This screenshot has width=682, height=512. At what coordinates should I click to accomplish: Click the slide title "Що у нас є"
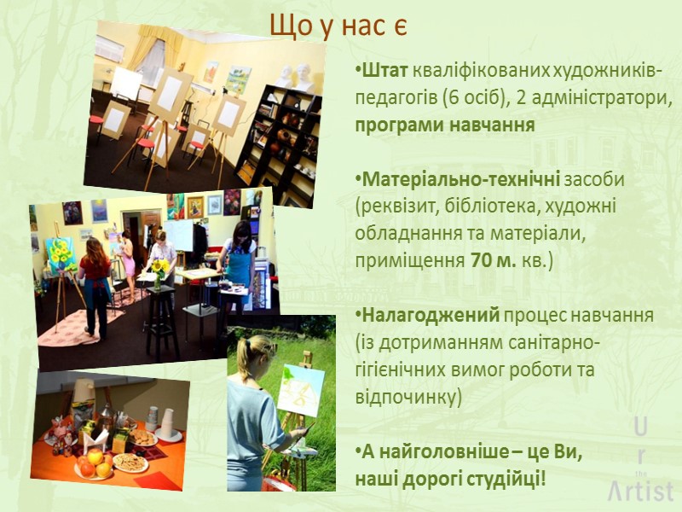[x=338, y=26]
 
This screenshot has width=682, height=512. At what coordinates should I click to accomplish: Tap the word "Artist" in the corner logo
[x=641, y=491]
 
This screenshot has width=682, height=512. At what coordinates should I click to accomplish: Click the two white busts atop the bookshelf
[x=293, y=75]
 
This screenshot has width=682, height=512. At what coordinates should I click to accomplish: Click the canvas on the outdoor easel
[x=300, y=389]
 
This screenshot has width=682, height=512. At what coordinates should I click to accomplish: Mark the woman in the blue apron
[x=237, y=256]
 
